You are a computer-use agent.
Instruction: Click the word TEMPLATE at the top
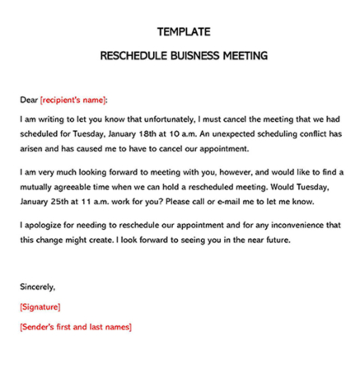click(x=183, y=33)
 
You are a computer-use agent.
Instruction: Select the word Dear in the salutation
click(x=28, y=100)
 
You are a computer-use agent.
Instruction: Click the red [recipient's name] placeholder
click(x=73, y=100)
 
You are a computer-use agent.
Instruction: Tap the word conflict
click(x=310, y=133)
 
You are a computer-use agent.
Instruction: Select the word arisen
click(x=32, y=148)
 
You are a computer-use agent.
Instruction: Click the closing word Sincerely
click(x=37, y=287)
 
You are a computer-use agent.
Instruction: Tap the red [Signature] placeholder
click(x=40, y=307)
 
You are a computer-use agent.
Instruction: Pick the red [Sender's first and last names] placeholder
click(x=75, y=327)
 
